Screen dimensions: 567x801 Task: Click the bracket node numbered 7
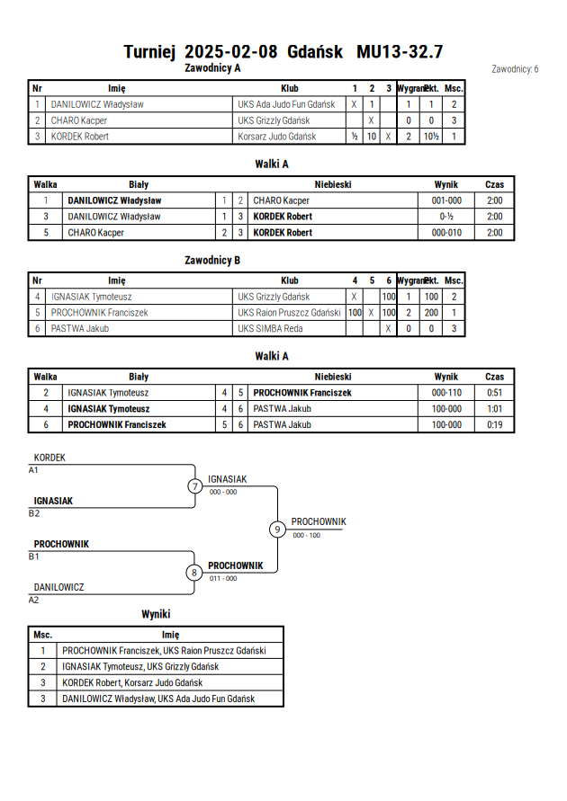194,485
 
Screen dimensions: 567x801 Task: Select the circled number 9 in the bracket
277,530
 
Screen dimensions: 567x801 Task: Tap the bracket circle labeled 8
193,573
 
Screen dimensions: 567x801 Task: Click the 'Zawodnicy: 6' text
515,69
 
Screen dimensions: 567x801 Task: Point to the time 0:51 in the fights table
494,393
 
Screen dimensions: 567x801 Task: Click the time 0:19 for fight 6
494,424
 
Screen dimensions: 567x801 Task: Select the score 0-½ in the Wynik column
446,217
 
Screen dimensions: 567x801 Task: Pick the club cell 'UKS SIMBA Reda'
270,328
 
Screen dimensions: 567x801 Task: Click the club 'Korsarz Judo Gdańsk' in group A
276,137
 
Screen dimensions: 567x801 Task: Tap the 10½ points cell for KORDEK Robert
431,137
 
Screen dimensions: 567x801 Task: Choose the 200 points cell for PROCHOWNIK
431,313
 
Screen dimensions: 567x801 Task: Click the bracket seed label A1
33,470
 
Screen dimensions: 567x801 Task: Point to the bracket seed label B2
33,513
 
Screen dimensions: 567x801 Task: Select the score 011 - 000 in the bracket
223,578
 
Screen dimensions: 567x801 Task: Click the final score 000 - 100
306,536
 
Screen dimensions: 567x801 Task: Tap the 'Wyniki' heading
156,614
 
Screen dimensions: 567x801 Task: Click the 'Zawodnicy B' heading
212,260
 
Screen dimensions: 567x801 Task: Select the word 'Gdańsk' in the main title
315,51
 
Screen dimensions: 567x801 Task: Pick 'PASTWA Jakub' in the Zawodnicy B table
80,328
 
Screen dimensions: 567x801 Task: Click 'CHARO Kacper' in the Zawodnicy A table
78,120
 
